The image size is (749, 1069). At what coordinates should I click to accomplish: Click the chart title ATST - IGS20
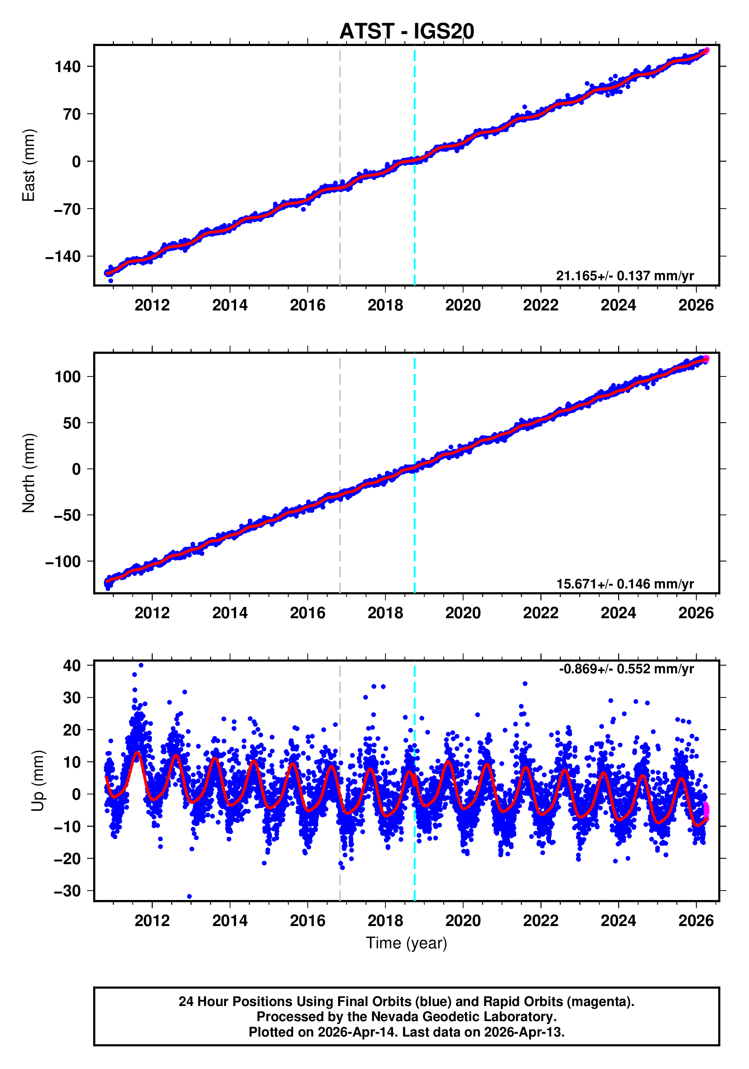click(407, 31)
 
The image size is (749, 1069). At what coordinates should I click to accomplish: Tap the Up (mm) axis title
click(38, 781)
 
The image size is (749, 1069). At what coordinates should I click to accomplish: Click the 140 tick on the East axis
click(68, 67)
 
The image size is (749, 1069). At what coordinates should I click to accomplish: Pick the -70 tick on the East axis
click(68, 209)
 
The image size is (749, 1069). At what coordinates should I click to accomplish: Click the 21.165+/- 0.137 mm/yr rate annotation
click(625, 276)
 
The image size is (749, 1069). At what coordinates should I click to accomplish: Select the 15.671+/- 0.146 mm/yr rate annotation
click(625, 584)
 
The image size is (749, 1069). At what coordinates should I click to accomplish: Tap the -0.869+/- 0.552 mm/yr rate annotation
click(626, 669)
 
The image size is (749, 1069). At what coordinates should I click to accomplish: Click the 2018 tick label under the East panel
click(385, 306)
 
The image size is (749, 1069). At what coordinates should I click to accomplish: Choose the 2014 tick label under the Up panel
click(230, 921)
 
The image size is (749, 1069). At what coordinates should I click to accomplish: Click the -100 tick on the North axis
click(63, 562)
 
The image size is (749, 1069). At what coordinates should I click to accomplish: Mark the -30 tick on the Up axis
click(68, 891)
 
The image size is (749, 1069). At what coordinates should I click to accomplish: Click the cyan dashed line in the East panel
click(414, 209)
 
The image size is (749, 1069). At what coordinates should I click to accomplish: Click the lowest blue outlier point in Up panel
click(189, 896)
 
